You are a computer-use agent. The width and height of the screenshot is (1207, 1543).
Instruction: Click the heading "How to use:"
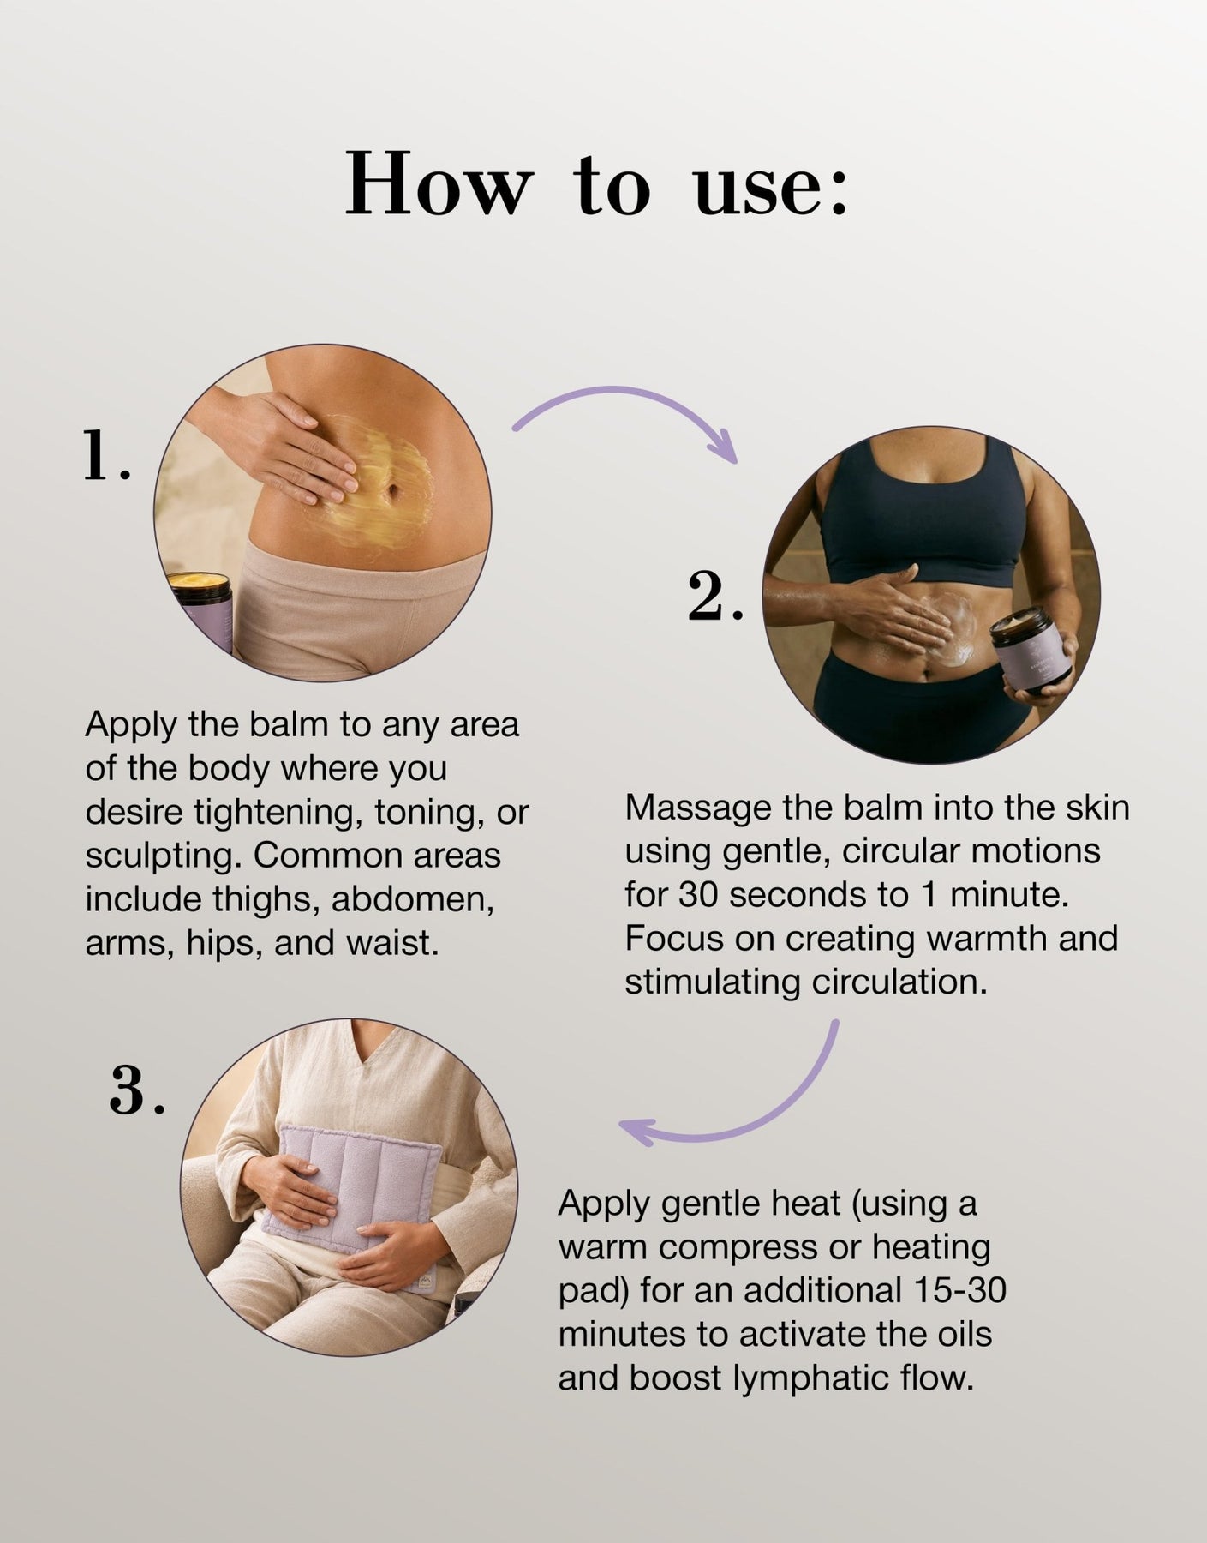pos(597,183)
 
